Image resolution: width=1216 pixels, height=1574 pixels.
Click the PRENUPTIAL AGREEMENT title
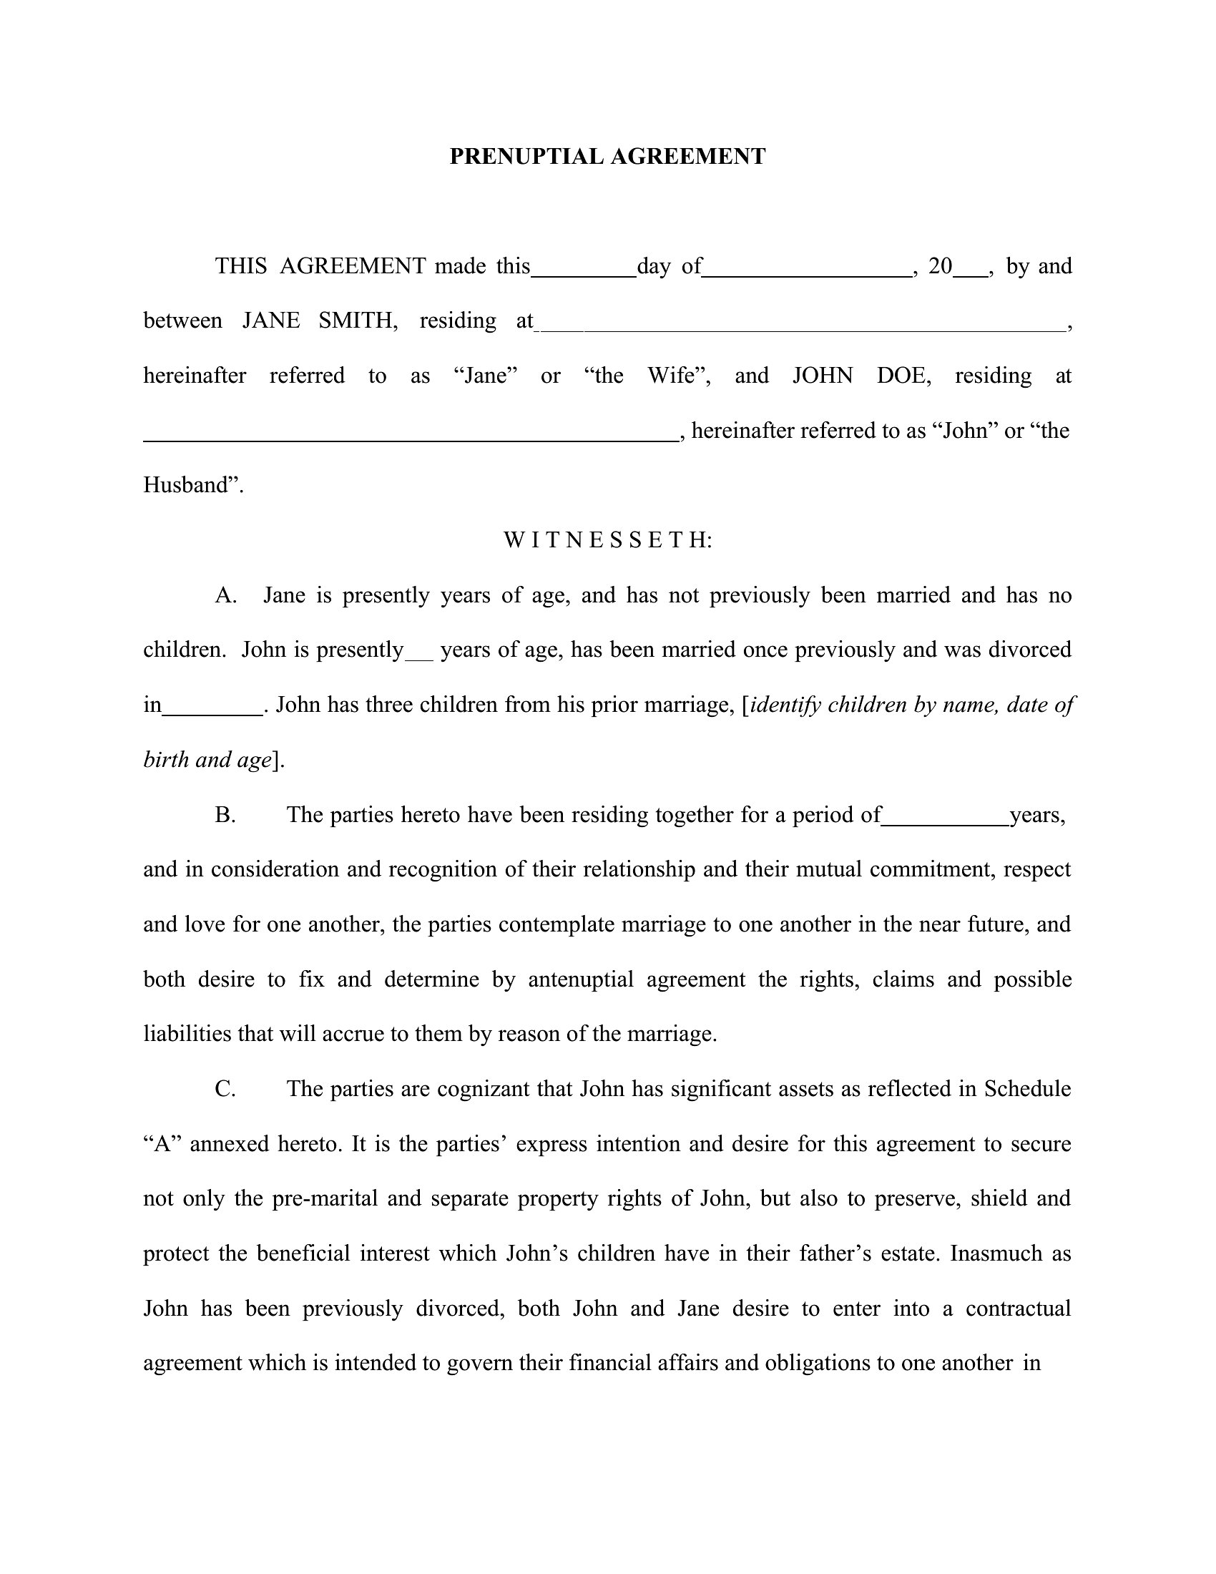coord(607,157)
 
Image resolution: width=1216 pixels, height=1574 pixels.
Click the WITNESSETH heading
coord(607,539)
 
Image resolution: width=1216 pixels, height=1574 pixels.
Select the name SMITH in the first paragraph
coord(358,321)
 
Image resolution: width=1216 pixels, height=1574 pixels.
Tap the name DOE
coord(903,376)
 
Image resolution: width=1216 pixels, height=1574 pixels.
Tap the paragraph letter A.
coord(225,595)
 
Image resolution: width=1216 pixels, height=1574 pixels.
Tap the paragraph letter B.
coord(225,815)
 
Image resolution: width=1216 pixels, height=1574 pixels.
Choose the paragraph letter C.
coord(225,1089)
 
